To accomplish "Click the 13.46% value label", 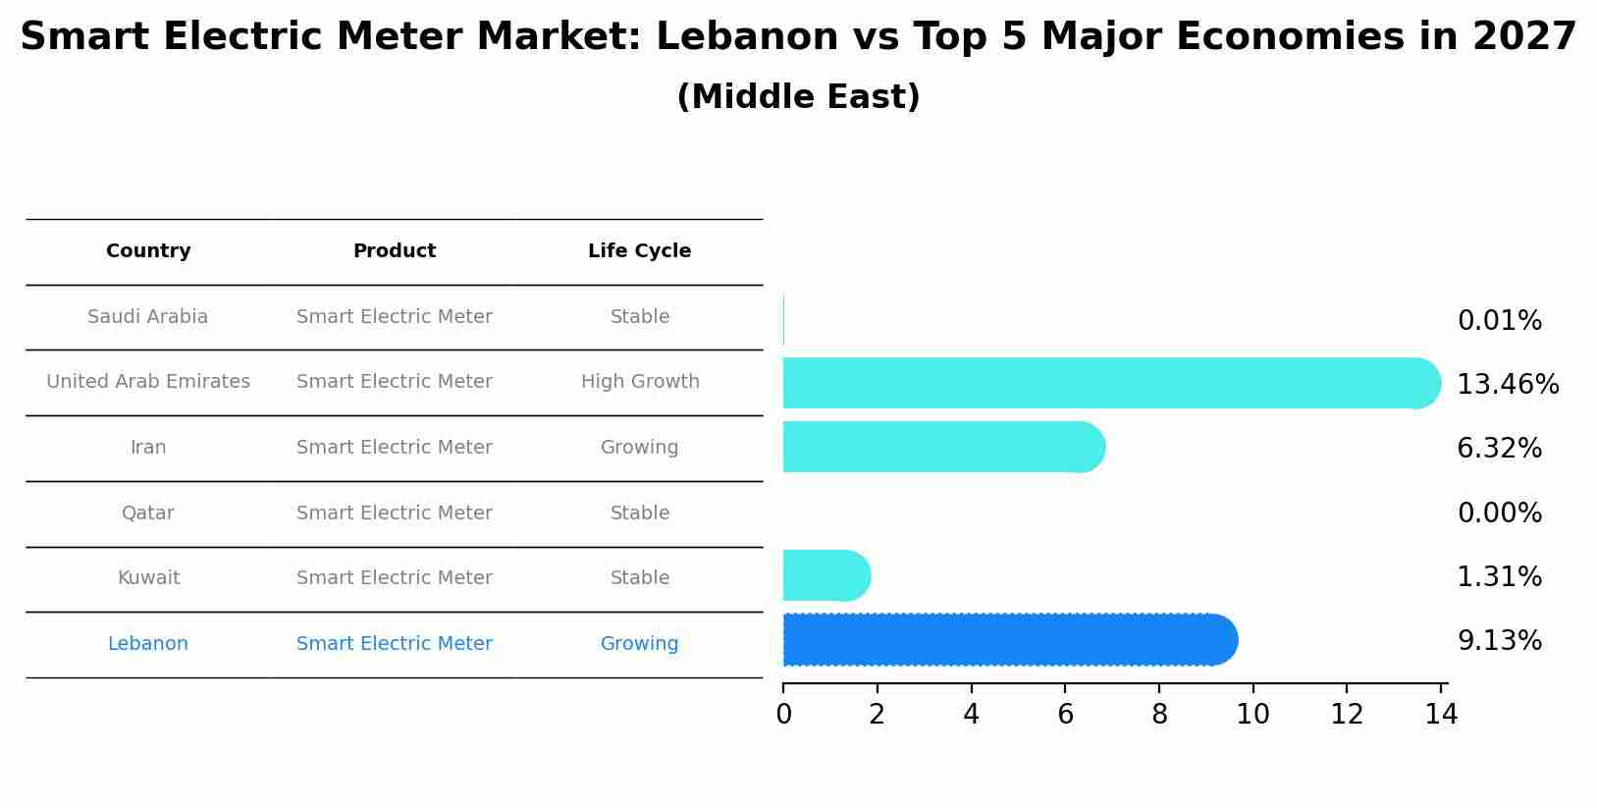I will (x=1508, y=385).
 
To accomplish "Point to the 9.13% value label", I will (x=1499, y=641).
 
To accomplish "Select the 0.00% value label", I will (x=1499, y=513).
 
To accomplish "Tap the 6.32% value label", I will (x=1499, y=449).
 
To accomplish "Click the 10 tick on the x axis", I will (x=1252, y=715).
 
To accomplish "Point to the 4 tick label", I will (x=971, y=715).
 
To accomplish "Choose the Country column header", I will (x=148, y=251).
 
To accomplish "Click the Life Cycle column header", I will (x=639, y=251).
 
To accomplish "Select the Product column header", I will (x=394, y=251).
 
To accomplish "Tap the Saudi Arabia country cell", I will (x=147, y=317).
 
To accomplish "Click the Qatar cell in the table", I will (x=147, y=513).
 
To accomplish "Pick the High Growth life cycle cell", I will (x=640, y=382).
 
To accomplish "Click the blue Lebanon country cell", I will (x=147, y=644).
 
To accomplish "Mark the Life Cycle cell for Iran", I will (x=639, y=448).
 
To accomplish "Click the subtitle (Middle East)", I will (x=798, y=97).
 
